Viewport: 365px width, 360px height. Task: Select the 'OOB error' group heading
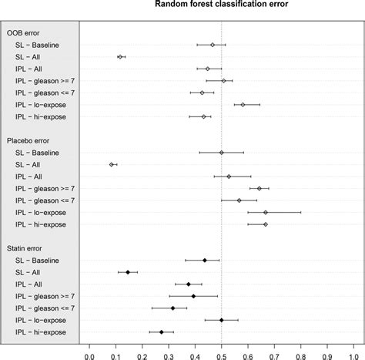[x=24, y=32]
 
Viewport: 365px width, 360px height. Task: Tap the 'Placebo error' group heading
[x=29, y=140]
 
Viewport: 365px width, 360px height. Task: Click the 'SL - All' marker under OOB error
[x=120, y=56]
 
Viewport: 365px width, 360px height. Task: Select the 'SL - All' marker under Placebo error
[x=112, y=164]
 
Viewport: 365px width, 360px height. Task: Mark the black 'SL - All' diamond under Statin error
[x=128, y=272]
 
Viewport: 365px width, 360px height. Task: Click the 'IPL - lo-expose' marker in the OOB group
[x=243, y=104]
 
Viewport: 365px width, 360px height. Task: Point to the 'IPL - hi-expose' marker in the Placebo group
[x=266, y=224]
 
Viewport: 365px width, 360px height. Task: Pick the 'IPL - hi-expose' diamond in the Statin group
[x=162, y=331]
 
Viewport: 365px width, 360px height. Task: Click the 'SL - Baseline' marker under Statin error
[x=205, y=260]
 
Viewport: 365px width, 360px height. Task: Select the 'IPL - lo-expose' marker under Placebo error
[x=266, y=212]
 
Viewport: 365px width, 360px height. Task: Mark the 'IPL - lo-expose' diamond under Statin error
[x=222, y=319]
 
